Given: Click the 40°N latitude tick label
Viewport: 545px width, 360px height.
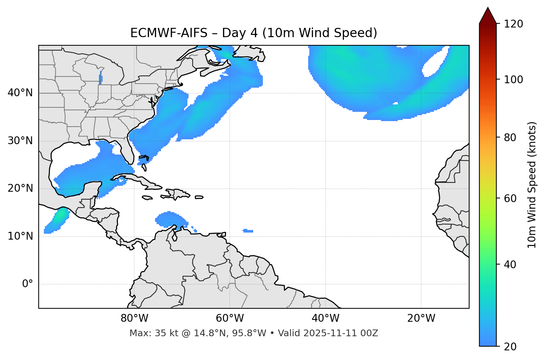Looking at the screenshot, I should click(20, 93).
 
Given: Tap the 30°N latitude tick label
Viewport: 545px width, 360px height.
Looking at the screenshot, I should click(20, 141).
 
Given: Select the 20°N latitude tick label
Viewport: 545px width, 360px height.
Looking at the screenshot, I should click(20, 188).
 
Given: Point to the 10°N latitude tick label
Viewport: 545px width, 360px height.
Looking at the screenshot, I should click(20, 236).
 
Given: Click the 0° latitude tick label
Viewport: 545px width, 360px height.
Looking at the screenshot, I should click(28, 284).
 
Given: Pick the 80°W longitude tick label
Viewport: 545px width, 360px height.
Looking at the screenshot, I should click(134, 318).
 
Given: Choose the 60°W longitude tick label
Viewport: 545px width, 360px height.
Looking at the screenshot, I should click(230, 318).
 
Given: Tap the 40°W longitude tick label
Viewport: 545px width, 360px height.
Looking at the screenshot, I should click(325, 318).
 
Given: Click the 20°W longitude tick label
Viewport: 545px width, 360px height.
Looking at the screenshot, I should click(421, 318).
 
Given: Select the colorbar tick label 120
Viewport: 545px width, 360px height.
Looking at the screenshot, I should click(513, 24).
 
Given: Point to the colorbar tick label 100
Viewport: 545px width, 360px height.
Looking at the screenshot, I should click(513, 80).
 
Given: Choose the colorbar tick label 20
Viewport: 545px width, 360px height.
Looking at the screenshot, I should click(511, 347).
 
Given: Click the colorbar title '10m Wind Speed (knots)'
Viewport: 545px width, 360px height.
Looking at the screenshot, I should click(532, 185).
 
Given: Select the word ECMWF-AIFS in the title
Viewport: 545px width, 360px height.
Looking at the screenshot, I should click(169, 33).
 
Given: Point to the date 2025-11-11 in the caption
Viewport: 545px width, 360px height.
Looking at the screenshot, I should click(330, 333).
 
